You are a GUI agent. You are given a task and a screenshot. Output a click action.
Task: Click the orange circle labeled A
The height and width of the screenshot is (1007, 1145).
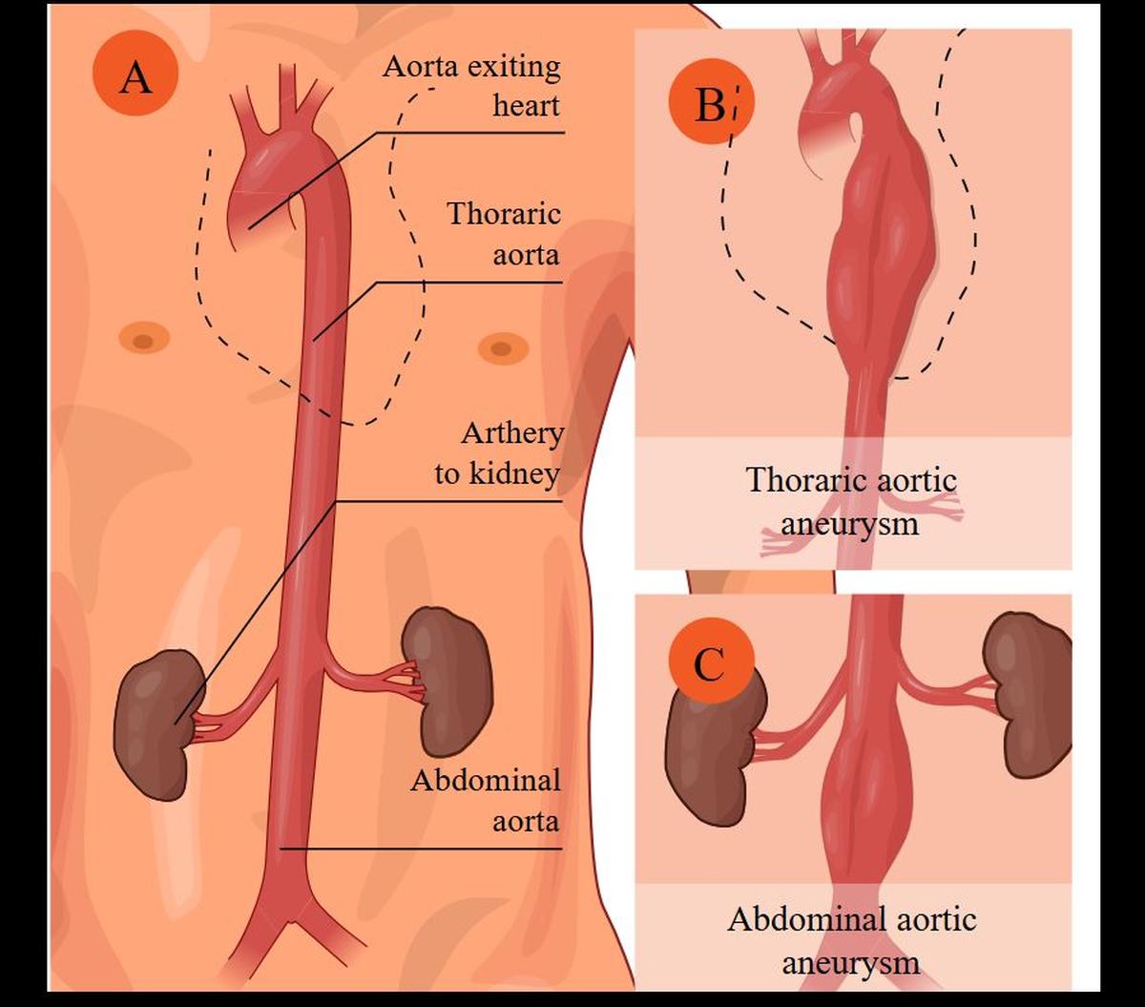tap(135, 77)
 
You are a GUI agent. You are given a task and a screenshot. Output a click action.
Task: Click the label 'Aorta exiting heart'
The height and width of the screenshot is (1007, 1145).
tap(471, 86)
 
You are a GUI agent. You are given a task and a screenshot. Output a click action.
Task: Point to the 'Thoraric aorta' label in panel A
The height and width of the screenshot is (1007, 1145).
tap(504, 233)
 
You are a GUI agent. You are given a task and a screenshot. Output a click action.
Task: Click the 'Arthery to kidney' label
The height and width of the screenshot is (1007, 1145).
tap(498, 453)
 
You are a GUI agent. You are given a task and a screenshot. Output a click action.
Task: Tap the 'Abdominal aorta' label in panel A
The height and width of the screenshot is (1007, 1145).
tap(486, 800)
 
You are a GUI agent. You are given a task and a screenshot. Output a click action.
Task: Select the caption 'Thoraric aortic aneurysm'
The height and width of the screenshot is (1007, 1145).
tap(851, 501)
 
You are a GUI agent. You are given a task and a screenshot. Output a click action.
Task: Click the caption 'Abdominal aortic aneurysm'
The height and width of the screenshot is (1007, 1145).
tap(851, 940)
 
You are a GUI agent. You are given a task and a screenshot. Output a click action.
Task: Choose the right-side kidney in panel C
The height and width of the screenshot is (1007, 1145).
tap(1030, 692)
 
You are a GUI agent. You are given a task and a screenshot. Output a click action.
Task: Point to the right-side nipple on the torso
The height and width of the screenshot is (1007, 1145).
tap(503, 348)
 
